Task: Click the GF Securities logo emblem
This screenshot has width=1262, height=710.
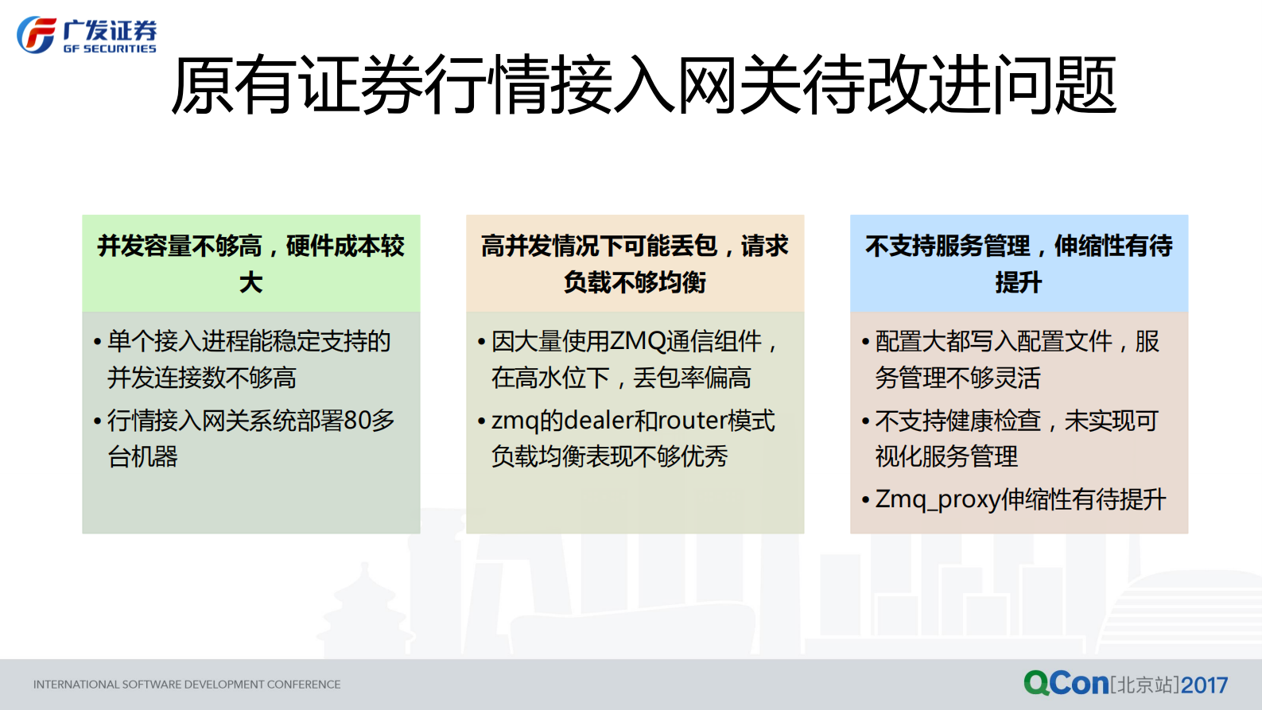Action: pyautogui.click(x=37, y=35)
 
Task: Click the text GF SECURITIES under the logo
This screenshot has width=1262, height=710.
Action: pyautogui.click(x=110, y=49)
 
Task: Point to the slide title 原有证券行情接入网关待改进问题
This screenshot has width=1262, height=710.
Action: pyautogui.click(x=643, y=86)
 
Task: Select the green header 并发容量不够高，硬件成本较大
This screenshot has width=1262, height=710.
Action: pyautogui.click(x=251, y=263)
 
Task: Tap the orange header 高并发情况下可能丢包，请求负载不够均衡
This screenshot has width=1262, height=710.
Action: pyautogui.click(x=635, y=263)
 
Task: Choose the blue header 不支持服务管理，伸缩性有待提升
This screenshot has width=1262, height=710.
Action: pyautogui.click(x=1019, y=263)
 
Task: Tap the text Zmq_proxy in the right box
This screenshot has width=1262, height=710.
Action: pyautogui.click(x=938, y=499)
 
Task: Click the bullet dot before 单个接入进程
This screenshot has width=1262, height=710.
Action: pyautogui.click(x=97, y=343)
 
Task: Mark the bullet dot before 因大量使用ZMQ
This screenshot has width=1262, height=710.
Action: pyautogui.click(x=481, y=343)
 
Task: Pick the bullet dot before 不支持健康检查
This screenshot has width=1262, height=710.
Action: pyautogui.click(x=865, y=421)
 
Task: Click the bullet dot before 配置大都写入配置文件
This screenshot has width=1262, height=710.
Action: pyautogui.click(x=865, y=343)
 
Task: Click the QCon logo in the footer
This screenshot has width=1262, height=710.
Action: pyautogui.click(x=1066, y=683)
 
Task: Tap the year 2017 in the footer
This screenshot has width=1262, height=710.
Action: pyautogui.click(x=1205, y=685)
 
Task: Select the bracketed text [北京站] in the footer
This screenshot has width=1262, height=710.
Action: pyautogui.click(x=1145, y=685)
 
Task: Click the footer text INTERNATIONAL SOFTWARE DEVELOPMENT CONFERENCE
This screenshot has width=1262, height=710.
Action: pyautogui.click(x=187, y=685)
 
